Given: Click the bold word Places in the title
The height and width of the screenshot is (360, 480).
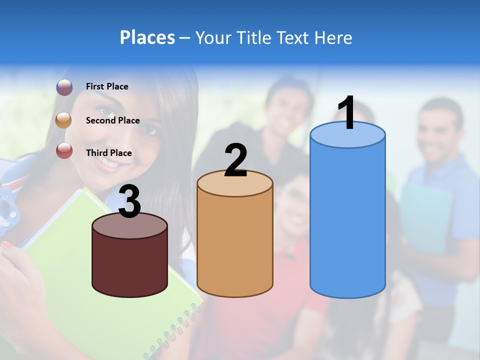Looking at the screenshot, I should click(147, 37).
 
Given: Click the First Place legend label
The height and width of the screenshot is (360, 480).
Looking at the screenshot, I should click(107, 86).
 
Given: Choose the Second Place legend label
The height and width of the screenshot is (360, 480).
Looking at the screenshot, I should click(112, 120).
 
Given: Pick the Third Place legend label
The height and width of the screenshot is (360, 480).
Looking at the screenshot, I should click(108, 153).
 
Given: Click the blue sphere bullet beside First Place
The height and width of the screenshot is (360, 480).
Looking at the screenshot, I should click(64, 87).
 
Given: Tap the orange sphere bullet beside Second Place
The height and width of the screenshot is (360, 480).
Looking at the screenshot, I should click(64, 120).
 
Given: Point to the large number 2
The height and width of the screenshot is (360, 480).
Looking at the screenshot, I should click(235, 160).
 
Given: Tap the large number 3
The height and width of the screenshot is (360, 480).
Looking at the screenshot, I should click(129, 202).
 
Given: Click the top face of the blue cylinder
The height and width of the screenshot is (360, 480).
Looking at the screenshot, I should click(347, 135).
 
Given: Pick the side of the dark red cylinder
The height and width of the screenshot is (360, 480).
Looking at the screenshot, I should click(129, 265).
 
